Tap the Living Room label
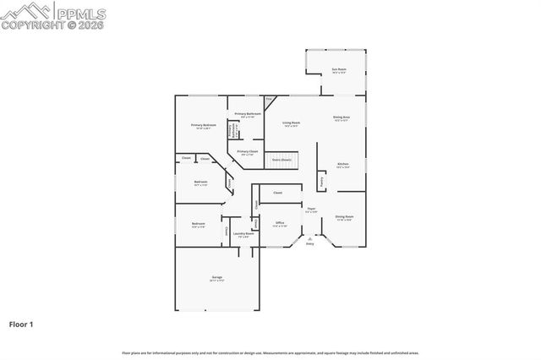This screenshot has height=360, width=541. point(292,124)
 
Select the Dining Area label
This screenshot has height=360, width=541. point(342,118)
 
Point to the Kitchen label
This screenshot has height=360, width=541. point(343,165)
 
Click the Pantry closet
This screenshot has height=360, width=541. point(322,181)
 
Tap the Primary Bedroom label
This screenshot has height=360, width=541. point(204,126)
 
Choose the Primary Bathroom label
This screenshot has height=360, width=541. point(247,115)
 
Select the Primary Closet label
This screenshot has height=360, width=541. point(248,153)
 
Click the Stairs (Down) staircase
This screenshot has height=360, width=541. point(281,160)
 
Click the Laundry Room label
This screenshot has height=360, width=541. point(243,235)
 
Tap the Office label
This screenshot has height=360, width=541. point(280,224)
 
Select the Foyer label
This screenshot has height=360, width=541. point(312,210)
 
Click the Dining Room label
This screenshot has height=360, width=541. point(344,217)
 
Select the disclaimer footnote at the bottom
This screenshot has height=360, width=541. point(270,352)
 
